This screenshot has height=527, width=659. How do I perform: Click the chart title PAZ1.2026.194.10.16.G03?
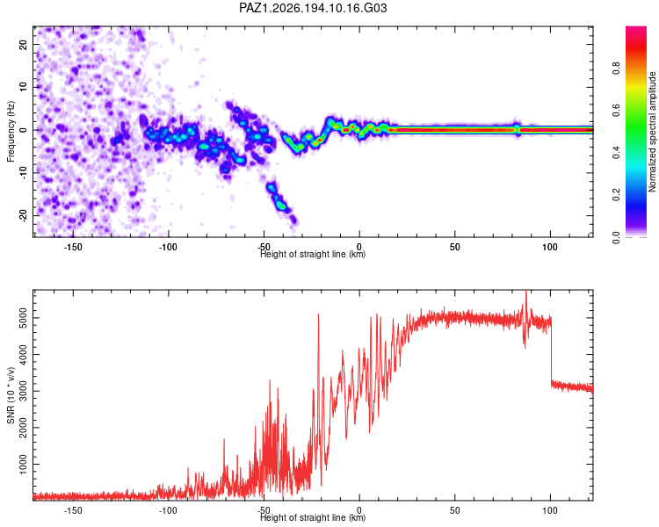click(x=313, y=8)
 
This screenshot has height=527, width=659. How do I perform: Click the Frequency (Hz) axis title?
click(x=11, y=132)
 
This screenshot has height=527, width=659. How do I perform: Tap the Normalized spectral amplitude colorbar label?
click(x=652, y=132)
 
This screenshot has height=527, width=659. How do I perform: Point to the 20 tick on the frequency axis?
click(x=23, y=44)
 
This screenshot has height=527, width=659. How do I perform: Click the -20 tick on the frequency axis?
click(x=23, y=215)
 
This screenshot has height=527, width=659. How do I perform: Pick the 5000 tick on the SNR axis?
click(x=23, y=318)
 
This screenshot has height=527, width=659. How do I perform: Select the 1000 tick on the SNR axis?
click(x=23, y=465)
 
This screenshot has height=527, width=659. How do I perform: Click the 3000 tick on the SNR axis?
click(x=23, y=391)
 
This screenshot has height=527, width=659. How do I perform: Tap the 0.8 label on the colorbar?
click(x=616, y=68)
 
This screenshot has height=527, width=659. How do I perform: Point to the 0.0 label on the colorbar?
click(x=616, y=237)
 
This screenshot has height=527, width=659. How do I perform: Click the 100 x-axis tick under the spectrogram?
click(x=550, y=247)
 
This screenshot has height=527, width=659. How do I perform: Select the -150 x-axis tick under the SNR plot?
click(x=73, y=510)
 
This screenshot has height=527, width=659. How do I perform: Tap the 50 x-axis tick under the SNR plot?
click(x=455, y=510)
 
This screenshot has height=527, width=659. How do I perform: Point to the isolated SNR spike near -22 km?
click(x=318, y=315)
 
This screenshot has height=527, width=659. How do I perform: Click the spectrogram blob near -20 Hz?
click(x=281, y=205)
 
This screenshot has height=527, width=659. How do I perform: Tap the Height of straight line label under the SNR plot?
click(x=313, y=517)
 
